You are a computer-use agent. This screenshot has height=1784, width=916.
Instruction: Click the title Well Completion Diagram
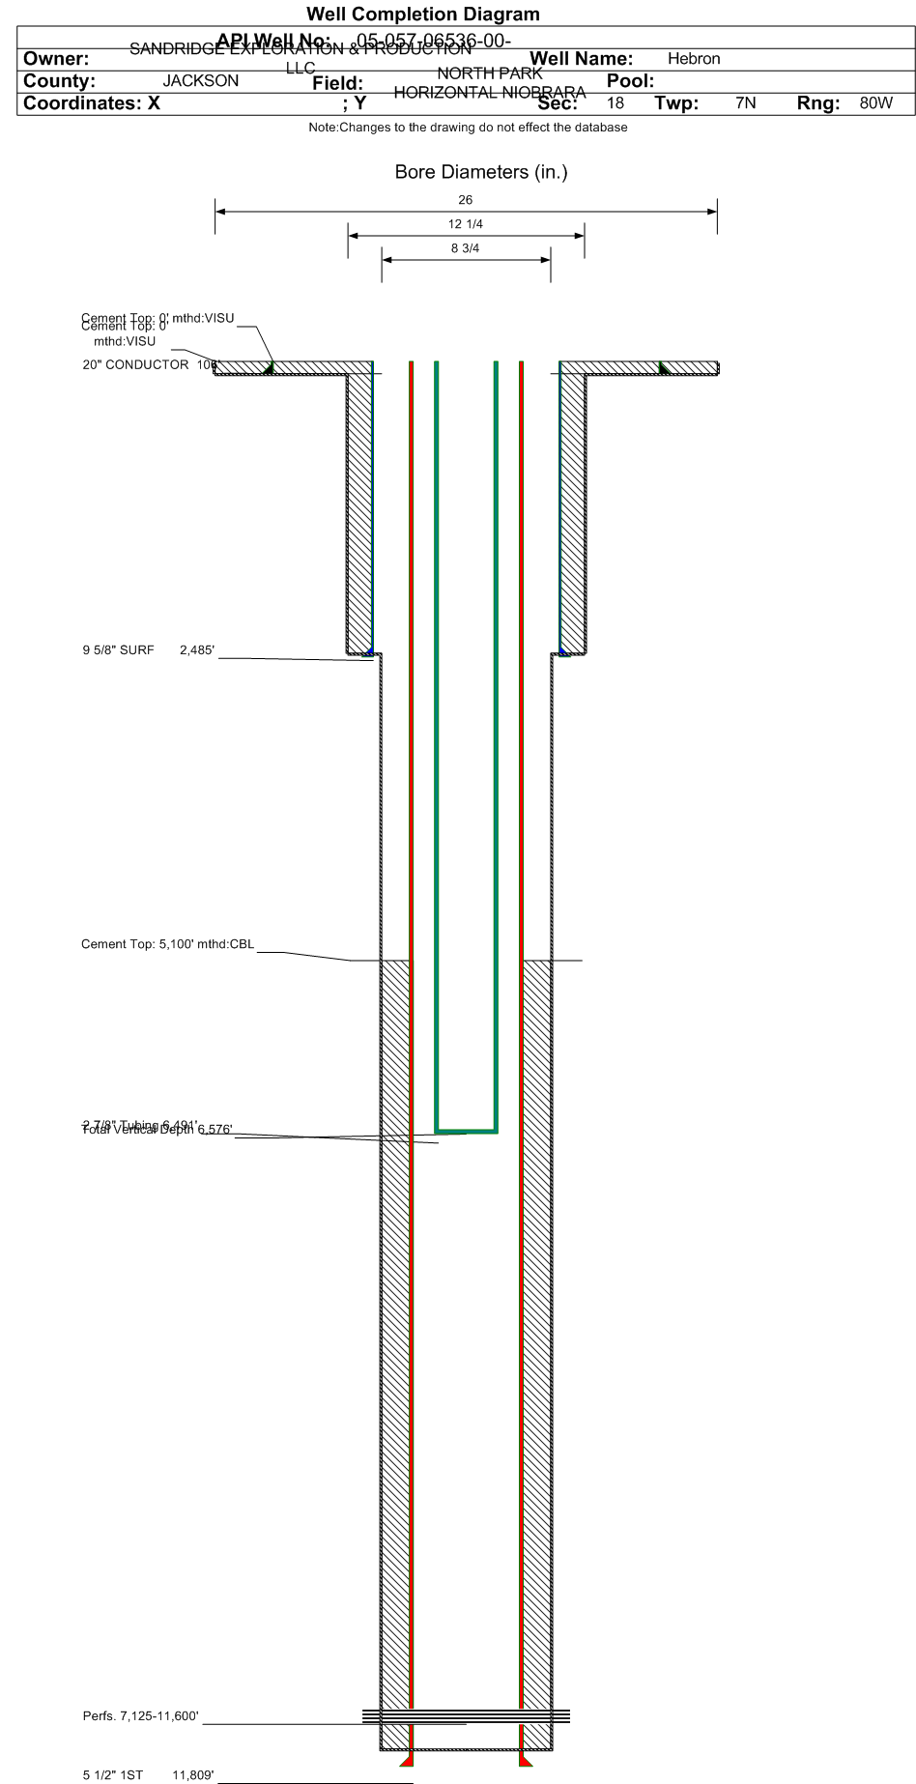point(423,14)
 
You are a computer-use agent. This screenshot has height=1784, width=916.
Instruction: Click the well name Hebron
point(694,59)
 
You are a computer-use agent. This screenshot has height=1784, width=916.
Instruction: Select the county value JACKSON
point(200,81)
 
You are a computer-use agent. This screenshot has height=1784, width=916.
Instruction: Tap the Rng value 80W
point(875,103)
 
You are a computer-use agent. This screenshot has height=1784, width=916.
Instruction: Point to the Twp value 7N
point(745,103)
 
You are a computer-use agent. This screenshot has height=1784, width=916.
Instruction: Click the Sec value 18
point(615,103)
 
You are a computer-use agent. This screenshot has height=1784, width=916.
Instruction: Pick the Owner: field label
point(56,59)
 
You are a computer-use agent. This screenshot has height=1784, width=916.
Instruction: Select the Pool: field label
point(630,81)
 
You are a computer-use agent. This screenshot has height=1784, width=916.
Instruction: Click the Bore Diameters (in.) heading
point(481,172)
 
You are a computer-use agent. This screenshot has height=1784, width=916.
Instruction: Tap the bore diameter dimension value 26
point(466,200)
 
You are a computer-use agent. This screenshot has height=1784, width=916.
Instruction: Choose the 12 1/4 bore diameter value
point(466,224)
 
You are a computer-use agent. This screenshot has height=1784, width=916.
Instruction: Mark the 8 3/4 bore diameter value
point(466,248)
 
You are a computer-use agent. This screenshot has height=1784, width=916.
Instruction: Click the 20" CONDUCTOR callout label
point(135,364)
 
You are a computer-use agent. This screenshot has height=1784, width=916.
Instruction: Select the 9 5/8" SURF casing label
point(118,650)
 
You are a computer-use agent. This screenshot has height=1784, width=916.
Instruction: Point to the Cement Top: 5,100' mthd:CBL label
point(167,944)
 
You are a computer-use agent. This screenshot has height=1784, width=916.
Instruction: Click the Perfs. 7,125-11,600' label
point(141,1716)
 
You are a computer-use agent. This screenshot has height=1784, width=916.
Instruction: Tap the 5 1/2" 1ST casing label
point(112,1775)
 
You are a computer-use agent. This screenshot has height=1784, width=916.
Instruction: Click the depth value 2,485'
point(197,650)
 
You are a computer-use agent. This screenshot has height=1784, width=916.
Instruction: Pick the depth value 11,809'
point(193,1775)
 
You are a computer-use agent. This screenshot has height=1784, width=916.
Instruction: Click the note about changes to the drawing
point(468,128)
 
